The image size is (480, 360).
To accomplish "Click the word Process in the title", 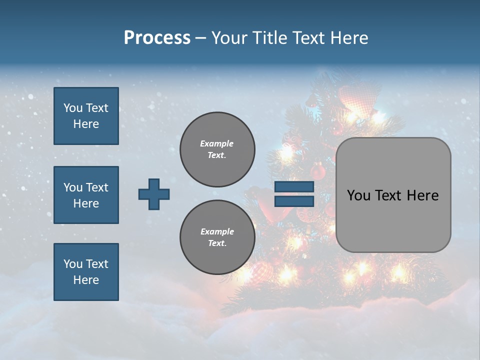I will (x=157, y=38).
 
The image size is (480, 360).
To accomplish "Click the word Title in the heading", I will (x=270, y=38).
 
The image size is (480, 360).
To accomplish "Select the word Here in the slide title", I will (x=349, y=38).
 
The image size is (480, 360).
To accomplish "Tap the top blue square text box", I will (x=86, y=116).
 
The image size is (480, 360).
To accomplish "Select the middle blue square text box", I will (x=86, y=195).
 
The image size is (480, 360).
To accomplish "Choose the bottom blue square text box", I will (x=86, y=272).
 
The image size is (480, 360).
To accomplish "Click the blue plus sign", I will (x=154, y=194).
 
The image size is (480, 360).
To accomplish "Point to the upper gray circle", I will (x=217, y=149).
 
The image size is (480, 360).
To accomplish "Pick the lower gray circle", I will (x=217, y=237).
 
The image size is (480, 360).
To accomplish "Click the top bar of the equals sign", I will (x=294, y=186).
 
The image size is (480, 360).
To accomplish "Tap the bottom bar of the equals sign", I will (x=294, y=201).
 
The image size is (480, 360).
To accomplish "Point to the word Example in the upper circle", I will (x=217, y=143).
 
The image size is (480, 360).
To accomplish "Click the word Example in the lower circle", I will (x=217, y=231).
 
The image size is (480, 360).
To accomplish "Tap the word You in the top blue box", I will (x=73, y=108).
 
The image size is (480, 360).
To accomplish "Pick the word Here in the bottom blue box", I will (x=86, y=280).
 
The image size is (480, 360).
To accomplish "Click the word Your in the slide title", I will (x=230, y=38).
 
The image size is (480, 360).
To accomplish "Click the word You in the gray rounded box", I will (x=358, y=195).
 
